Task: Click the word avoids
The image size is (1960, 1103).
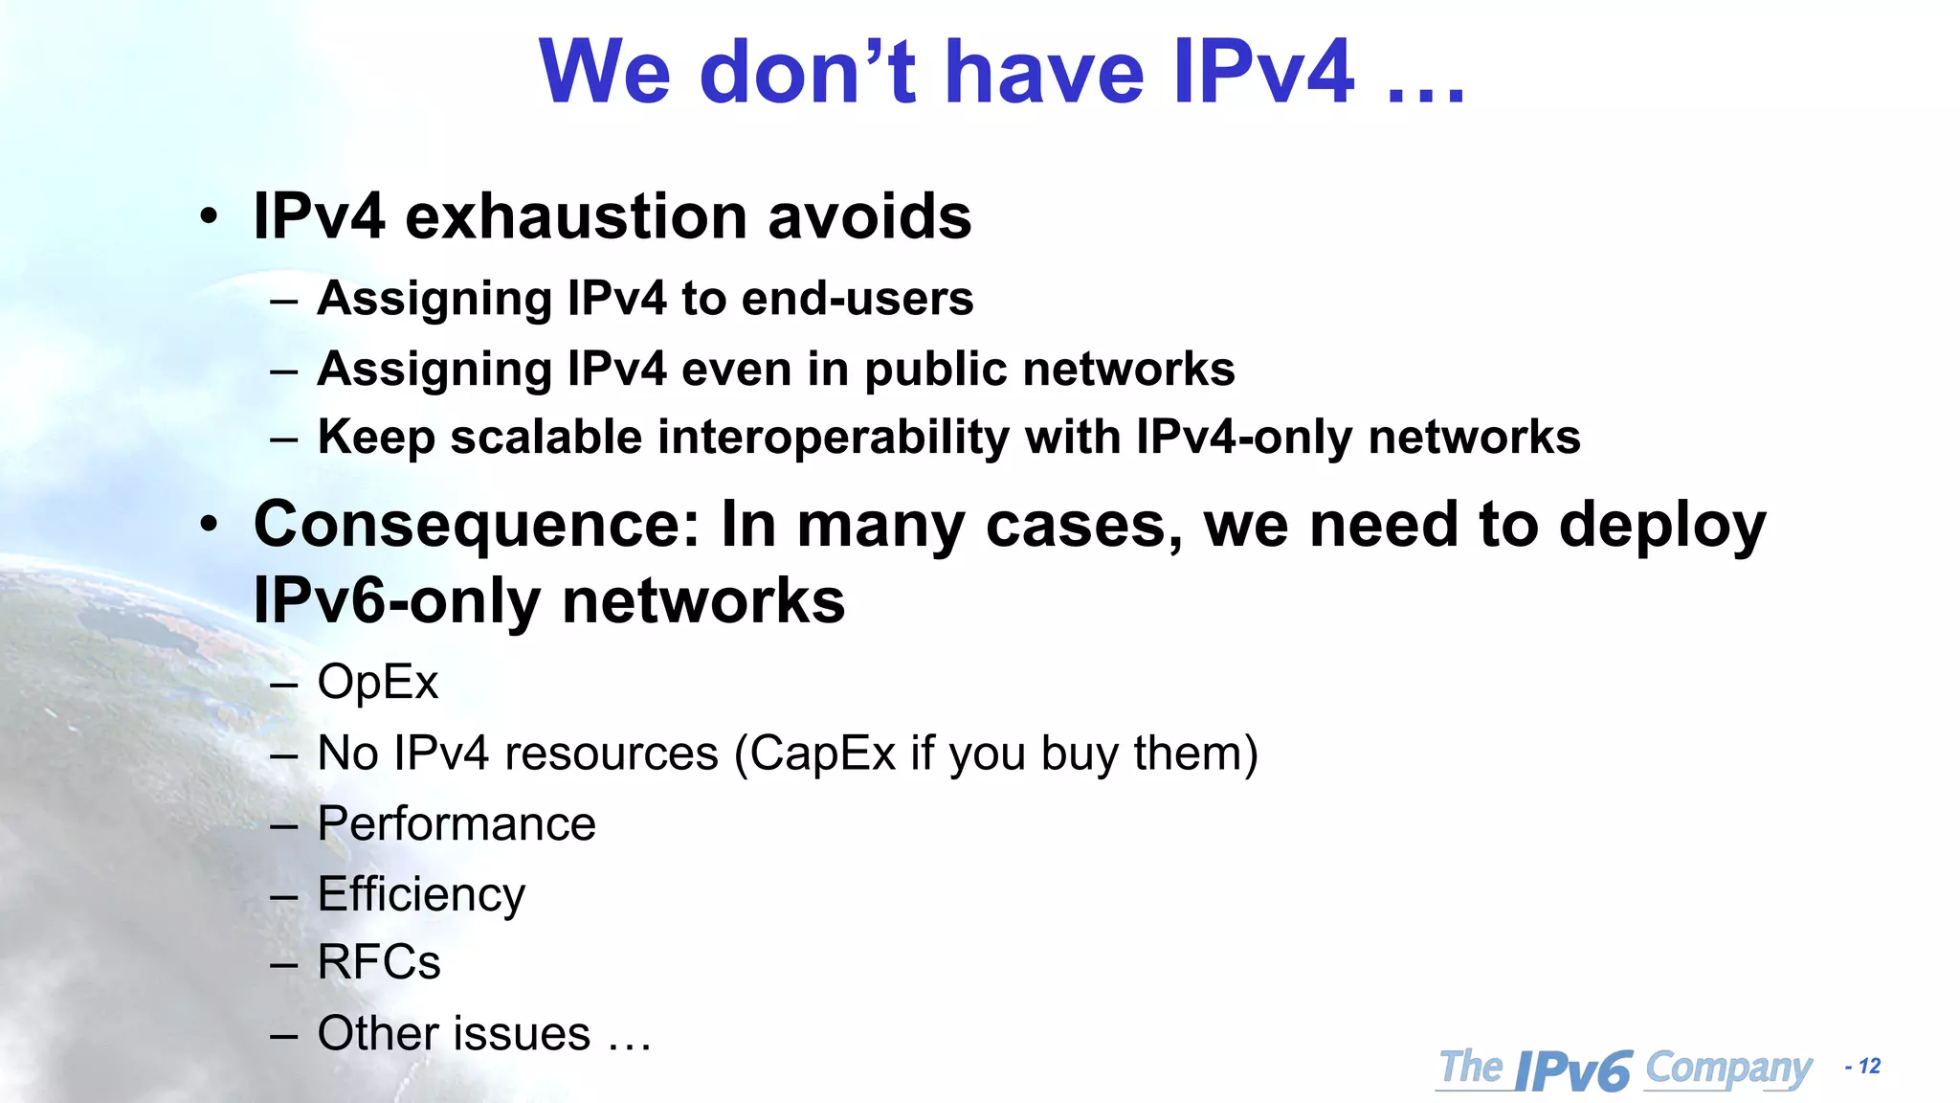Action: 869,216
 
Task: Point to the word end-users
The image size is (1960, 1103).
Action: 857,299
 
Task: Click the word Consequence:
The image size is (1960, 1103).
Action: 477,526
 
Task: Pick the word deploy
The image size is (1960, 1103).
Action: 1662,526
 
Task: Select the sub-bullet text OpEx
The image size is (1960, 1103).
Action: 377,683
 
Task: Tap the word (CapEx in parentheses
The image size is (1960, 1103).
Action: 814,754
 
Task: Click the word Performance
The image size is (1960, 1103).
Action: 457,824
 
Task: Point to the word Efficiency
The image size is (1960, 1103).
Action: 421,895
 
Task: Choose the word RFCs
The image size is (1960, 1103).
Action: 379,962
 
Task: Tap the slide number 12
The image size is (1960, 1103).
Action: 1870,1067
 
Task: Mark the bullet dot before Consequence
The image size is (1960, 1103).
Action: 209,525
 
